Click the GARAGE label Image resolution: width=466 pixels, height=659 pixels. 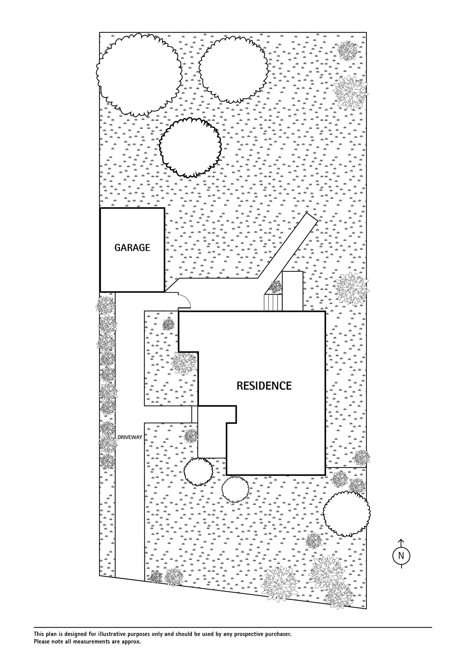click(x=132, y=248)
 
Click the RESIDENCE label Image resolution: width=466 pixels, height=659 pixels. click(x=264, y=386)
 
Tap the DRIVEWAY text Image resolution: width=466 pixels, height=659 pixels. click(x=130, y=437)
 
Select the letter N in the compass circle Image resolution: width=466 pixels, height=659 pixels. click(x=401, y=555)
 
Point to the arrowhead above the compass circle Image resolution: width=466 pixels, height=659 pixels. click(x=401, y=541)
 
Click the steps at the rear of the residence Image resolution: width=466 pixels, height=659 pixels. click(x=273, y=303)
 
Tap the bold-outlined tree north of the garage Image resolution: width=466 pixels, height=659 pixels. click(x=190, y=147)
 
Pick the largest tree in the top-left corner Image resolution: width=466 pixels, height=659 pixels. click(x=139, y=75)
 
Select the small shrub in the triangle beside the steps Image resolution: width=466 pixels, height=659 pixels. click(x=275, y=287)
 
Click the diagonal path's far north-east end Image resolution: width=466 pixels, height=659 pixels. click(x=311, y=218)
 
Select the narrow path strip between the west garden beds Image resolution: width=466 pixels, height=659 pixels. click(x=194, y=414)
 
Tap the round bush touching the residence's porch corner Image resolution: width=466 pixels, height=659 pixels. click(x=198, y=472)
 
